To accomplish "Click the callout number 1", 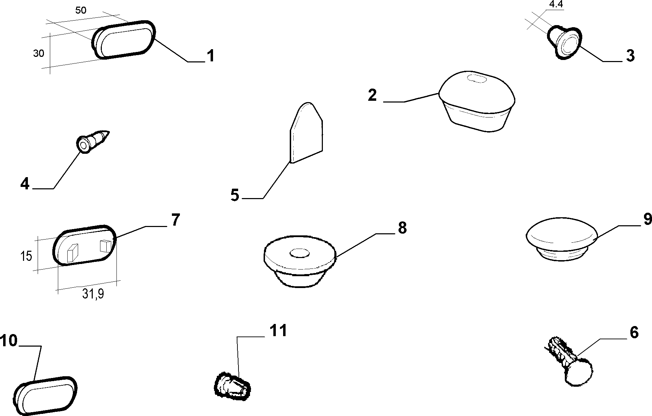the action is tap(210, 56).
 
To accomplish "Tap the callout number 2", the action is tap(372, 95).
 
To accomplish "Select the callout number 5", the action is tap(235, 195).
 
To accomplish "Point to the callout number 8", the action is tap(402, 228).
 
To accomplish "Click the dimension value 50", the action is tap(81, 10).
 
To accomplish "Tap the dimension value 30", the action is tap(39, 54).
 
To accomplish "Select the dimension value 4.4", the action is tap(556, 4).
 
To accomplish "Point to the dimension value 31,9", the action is tap(93, 294).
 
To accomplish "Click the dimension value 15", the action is tap(26, 256).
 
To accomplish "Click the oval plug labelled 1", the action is tap(124, 40).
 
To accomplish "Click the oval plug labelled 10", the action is tap(45, 396).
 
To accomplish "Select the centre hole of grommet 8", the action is tap(300, 254).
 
